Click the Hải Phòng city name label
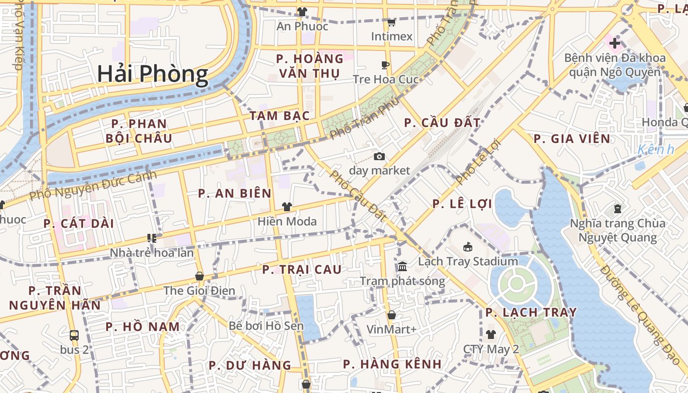click(x=152, y=74)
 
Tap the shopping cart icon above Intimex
click(x=392, y=22)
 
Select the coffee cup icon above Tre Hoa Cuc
click(x=385, y=65)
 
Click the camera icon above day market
click(x=379, y=156)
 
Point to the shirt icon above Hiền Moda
click(x=287, y=207)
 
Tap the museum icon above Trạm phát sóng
click(x=402, y=267)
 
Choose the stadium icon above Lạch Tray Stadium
click(x=468, y=247)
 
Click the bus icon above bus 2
click(x=74, y=336)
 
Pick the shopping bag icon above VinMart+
click(x=392, y=315)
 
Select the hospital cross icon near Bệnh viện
click(x=615, y=43)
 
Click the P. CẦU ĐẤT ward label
click(x=442, y=123)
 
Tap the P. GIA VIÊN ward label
click(x=572, y=139)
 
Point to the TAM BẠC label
click(x=280, y=116)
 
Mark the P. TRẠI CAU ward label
click(x=302, y=269)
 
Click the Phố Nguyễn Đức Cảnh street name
click(x=93, y=185)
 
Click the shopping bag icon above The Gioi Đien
click(x=200, y=276)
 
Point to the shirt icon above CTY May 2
click(x=491, y=335)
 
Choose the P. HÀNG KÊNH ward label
click(x=392, y=364)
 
